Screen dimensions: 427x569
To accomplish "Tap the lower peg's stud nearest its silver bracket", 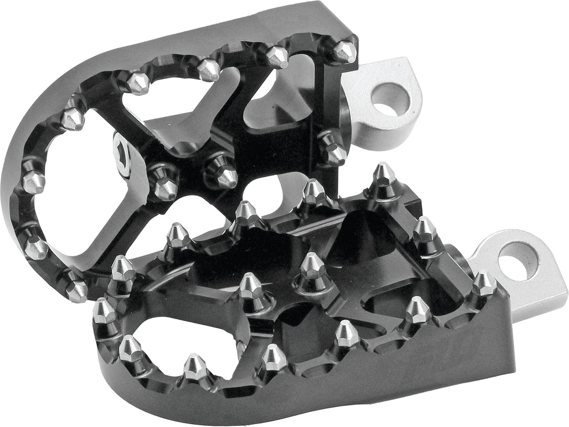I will pos(483,284).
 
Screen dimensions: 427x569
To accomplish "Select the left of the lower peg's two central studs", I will pos(251,286).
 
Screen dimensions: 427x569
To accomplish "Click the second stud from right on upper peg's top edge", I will pos(276,56).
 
